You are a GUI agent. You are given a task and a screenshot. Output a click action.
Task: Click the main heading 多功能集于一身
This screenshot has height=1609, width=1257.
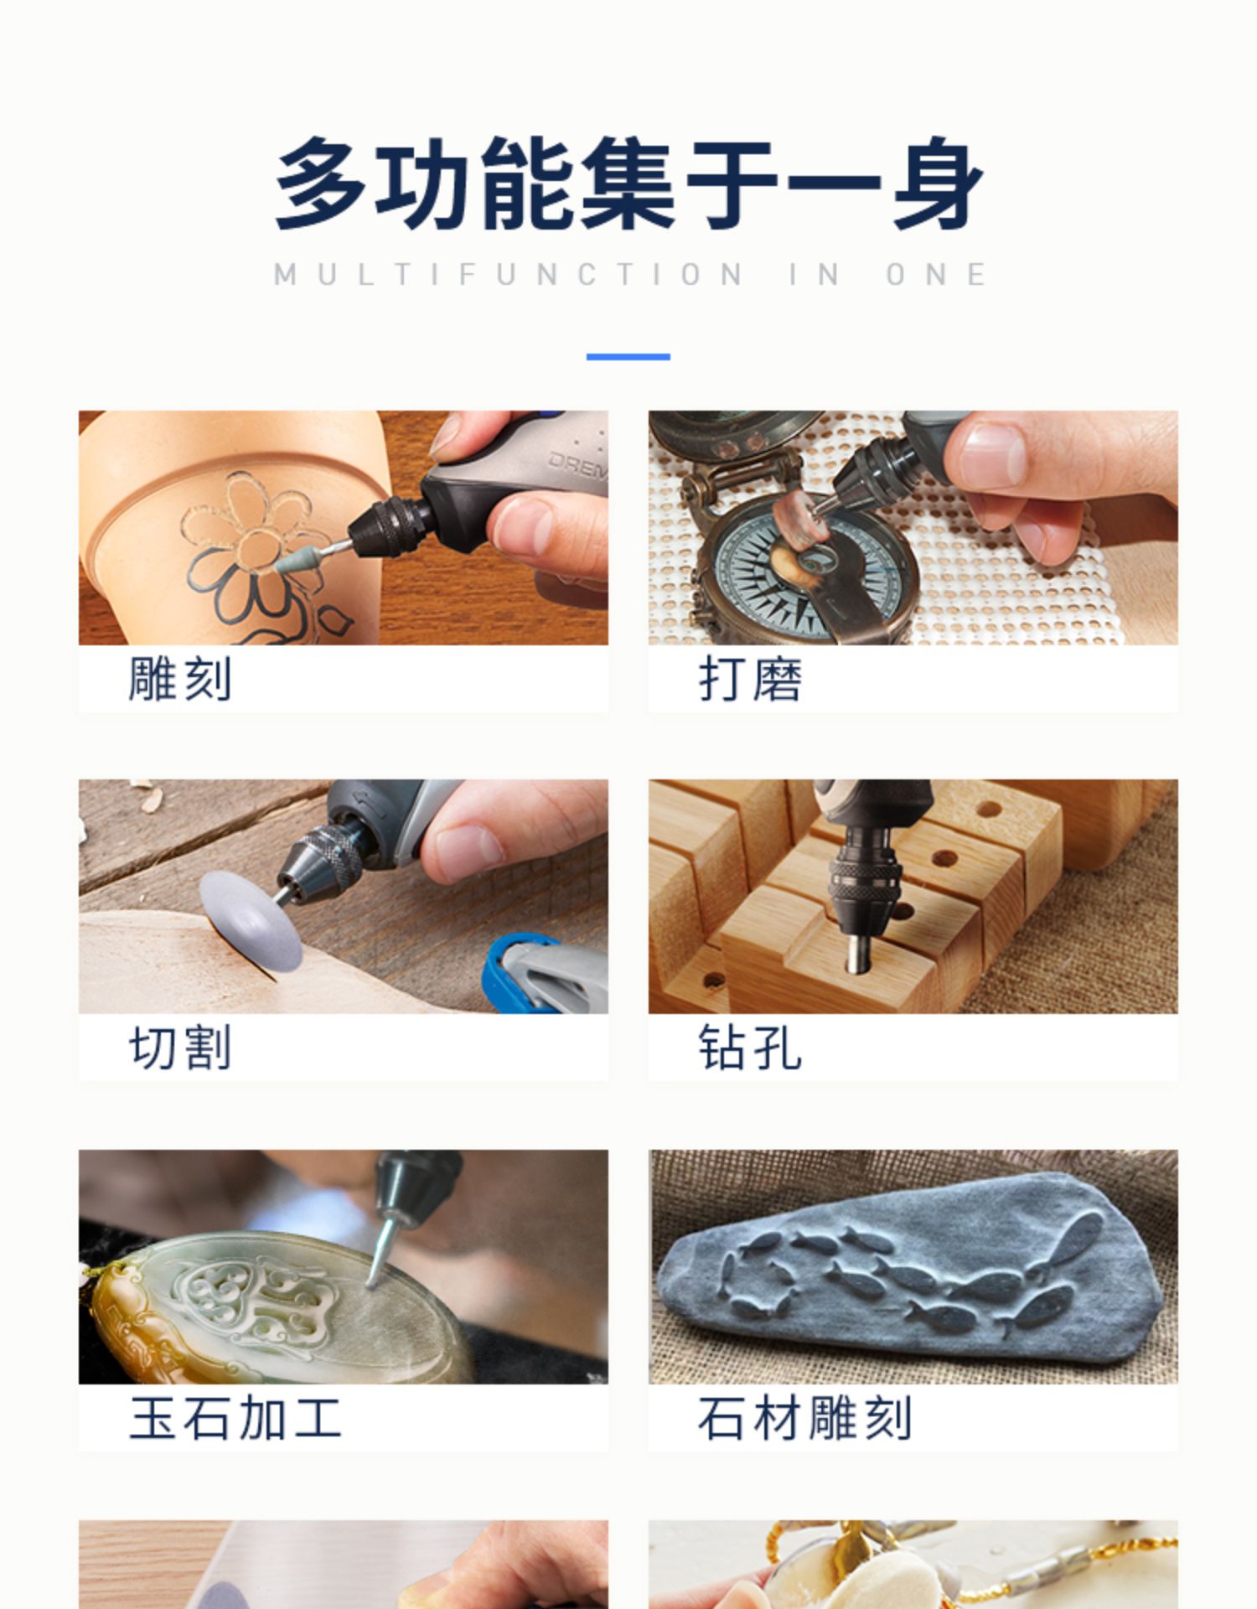coord(628,183)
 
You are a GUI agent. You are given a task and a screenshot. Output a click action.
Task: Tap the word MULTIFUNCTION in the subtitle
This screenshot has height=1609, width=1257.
coord(509,274)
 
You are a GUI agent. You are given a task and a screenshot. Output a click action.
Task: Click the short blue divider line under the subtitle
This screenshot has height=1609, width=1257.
coord(628,356)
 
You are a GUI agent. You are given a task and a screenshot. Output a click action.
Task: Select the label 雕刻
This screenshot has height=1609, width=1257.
coord(179,678)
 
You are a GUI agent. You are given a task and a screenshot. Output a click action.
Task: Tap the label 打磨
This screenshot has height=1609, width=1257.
coord(750,678)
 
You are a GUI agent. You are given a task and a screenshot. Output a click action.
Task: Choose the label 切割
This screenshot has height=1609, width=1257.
coord(179,1047)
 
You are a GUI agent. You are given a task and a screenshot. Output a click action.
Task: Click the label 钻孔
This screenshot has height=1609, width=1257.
coord(750,1047)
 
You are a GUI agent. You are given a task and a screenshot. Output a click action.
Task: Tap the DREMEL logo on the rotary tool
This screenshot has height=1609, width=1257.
coord(578,469)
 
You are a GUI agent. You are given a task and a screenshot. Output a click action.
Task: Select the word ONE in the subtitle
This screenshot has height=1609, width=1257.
coord(937,274)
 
